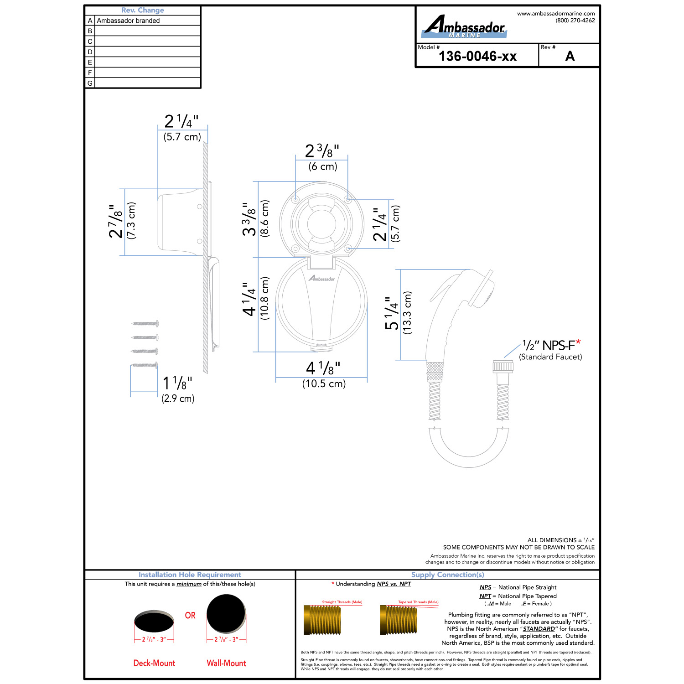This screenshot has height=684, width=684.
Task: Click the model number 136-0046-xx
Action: (477, 56)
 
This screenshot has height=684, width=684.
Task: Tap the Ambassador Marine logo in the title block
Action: (464, 26)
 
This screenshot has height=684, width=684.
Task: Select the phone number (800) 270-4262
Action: (575, 21)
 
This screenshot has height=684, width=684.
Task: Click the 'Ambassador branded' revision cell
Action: (128, 21)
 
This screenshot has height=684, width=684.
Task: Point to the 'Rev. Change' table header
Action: (143, 10)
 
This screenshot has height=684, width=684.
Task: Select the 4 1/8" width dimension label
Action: (323, 368)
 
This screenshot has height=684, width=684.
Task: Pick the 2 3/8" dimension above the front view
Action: (322, 150)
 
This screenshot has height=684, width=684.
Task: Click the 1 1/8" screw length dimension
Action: (177, 383)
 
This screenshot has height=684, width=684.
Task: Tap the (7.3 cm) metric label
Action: (131, 221)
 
